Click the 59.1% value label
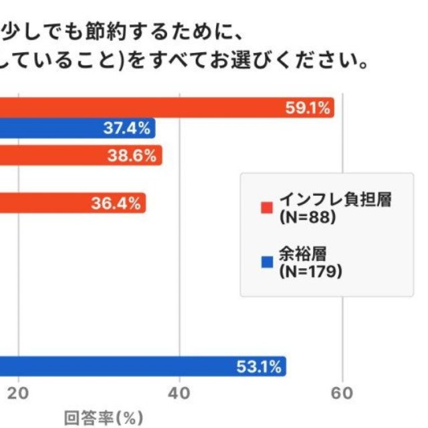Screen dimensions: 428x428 click(x=308, y=109)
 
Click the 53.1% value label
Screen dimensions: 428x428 click(x=259, y=366)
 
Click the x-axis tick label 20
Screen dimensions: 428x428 click(x=20, y=394)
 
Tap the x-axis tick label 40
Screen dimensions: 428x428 click(x=180, y=394)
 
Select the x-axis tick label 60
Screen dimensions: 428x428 click(x=342, y=394)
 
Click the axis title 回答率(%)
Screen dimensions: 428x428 click(x=104, y=419)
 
